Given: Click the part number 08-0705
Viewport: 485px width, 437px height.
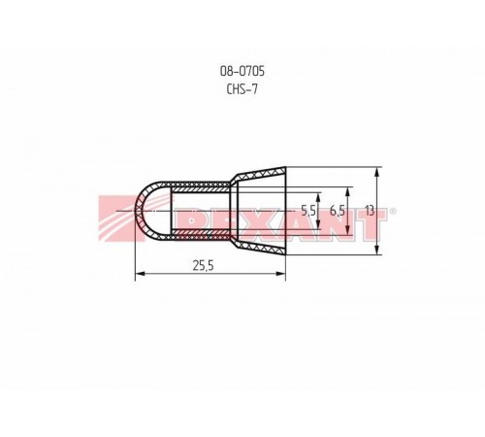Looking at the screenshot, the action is click(x=242, y=71).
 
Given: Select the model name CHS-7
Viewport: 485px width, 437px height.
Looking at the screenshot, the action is click(x=242, y=88).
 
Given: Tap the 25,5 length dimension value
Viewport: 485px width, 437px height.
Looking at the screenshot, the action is click(x=204, y=266).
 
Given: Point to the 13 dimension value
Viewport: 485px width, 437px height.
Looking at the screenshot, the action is click(x=370, y=211).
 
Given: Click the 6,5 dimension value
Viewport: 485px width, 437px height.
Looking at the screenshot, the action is click(x=338, y=211).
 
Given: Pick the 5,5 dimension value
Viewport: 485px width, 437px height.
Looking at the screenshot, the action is click(x=308, y=211).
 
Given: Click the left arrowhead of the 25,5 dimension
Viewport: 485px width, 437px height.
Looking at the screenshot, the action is click(x=140, y=274).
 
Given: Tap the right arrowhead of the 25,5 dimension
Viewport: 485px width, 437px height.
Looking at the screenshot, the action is click(x=281, y=274).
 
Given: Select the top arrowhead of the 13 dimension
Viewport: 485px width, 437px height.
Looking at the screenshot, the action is click(x=376, y=172).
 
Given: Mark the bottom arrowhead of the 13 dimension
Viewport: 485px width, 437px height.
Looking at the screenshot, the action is click(x=376, y=250).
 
